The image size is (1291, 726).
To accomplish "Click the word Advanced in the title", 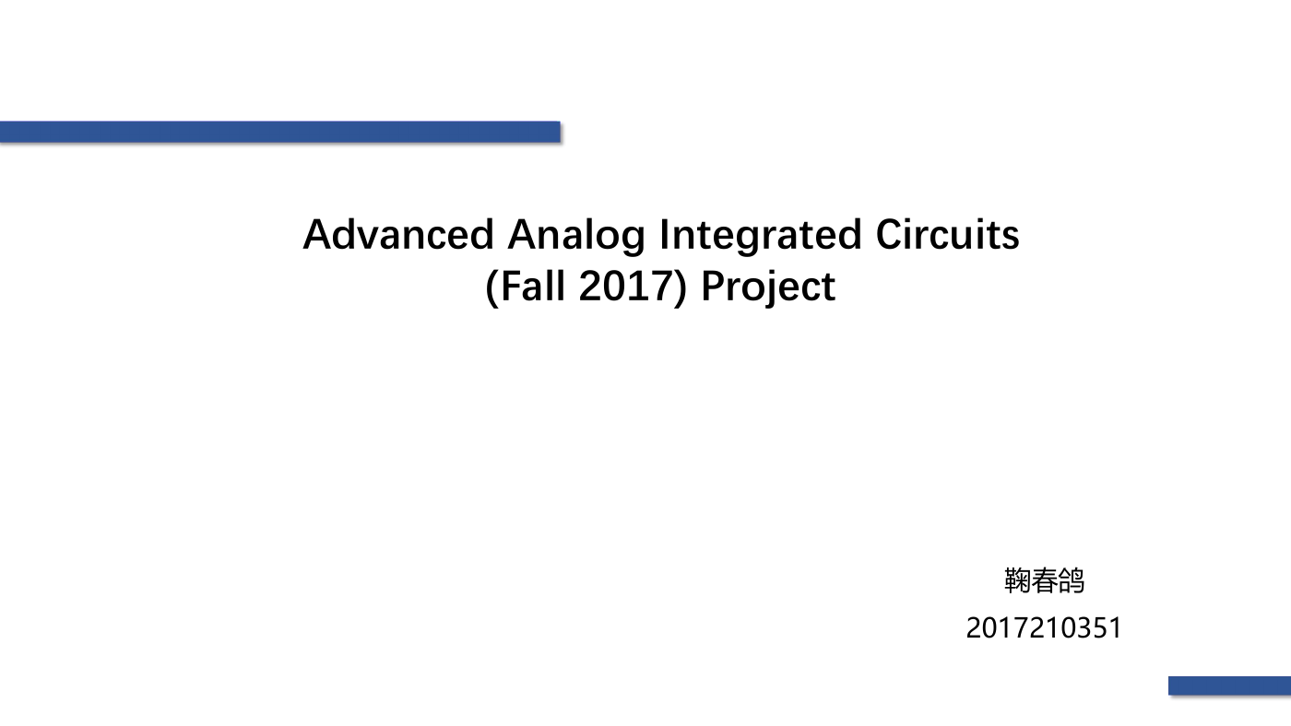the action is (398, 234).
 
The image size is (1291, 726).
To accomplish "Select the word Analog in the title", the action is (575, 236).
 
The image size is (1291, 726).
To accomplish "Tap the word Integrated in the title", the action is (760, 236).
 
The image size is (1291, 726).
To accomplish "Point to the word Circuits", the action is (948, 234).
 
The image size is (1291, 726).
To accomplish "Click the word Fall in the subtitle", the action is (533, 286).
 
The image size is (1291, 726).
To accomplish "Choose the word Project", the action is (768, 287).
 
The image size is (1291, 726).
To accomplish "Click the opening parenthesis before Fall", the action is (492, 287).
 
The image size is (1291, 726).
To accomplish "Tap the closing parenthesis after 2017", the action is (681, 287).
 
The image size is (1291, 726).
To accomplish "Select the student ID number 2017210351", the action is (1044, 627).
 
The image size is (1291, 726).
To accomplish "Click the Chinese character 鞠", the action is (1017, 580).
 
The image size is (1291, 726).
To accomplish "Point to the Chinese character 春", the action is (1044, 580).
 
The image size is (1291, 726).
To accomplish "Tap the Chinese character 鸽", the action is (1071, 580).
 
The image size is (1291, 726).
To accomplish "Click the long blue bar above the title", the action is (280, 132).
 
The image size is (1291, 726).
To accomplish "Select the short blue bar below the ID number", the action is (1229, 685).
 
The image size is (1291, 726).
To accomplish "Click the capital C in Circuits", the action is (891, 234).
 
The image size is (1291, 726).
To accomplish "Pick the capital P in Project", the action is (714, 286).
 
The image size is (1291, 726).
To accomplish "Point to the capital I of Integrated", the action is (663, 234).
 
